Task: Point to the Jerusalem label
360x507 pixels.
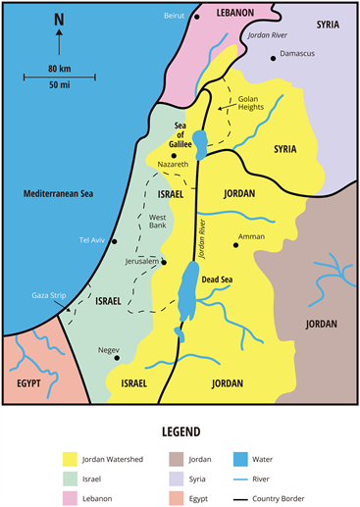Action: point(140,263)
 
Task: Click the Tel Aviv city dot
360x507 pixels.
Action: point(115,240)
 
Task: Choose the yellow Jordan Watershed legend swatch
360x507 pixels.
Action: point(70,458)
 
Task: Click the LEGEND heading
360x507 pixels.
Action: point(180,431)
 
